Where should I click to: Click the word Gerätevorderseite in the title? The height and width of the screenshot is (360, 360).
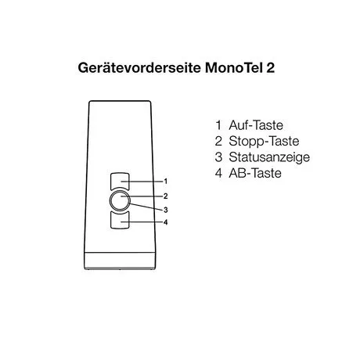click(139, 68)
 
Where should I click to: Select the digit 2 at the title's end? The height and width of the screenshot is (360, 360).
click(271, 68)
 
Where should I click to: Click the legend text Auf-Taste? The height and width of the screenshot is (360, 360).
click(256, 125)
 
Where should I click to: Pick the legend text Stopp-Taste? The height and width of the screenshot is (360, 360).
click(264, 142)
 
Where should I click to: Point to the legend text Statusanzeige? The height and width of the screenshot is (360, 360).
click(269, 157)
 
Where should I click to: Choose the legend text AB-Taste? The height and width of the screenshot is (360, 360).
click(255, 173)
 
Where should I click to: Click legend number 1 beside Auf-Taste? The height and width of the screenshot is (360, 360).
click(218, 125)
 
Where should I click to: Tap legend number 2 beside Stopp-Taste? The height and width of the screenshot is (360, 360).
click(218, 141)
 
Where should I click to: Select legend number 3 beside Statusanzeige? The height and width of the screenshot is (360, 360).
click(218, 157)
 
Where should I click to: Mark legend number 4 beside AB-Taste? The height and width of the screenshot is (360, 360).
click(218, 173)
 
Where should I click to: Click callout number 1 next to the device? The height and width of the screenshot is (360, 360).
click(165, 181)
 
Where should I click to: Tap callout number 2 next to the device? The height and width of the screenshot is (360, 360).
click(165, 196)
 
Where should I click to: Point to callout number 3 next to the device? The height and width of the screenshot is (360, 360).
click(165, 210)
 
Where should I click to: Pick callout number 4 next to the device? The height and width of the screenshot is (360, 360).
click(165, 222)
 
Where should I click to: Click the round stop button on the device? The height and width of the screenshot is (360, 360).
click(120, 200)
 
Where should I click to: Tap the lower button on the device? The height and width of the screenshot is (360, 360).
click(120, 221)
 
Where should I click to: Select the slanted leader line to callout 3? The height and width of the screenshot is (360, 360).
click(146, 207)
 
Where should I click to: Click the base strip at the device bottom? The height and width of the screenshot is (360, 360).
click(120, 261)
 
